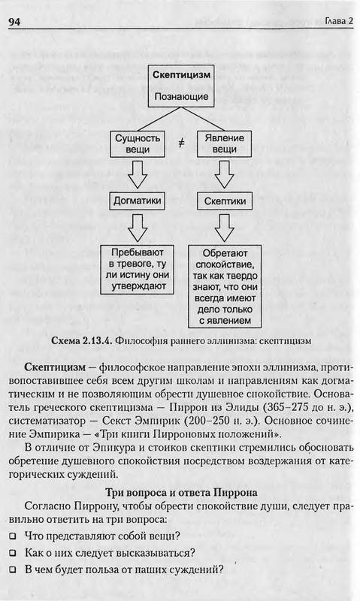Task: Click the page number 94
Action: [14, 22]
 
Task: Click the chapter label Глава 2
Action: [338, 21]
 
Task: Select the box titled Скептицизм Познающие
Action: [181, 86]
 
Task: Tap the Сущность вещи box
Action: [138, 143]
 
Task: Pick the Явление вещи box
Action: [224, 143]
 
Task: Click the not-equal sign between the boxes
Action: [181, 143]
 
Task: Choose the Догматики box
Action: [138, 201]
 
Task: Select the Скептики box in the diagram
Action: [224, 201]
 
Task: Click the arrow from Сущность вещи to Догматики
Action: [138, 174]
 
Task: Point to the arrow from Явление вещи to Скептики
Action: [224, 174]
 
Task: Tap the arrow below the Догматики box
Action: [138, 228]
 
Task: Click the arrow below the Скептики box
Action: [224, 228]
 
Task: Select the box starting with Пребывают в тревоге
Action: [138, 270]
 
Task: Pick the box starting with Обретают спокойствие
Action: [225, 286]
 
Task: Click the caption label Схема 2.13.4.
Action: [82, 340]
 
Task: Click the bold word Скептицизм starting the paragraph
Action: [55, 367]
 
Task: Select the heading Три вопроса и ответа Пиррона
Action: [181, 492]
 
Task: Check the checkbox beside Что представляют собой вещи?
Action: [13, 536]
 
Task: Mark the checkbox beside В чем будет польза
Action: [13, 569]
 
